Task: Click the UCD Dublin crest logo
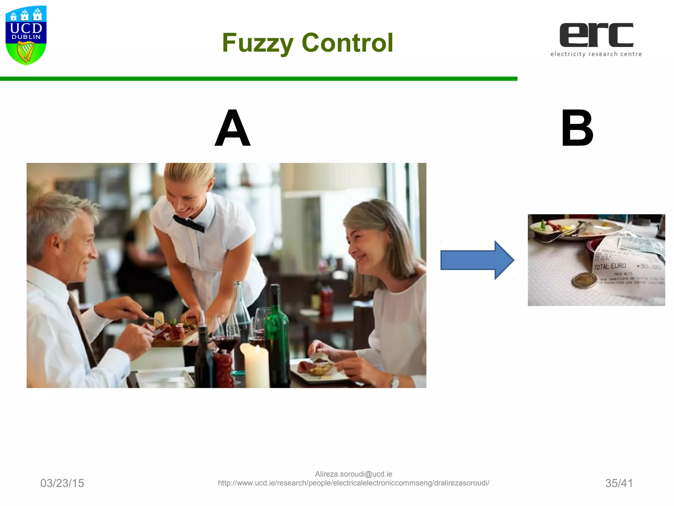coord(26,35)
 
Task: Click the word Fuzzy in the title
coord(257,43)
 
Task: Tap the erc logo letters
coord(596,35)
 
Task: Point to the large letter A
coord(233,128)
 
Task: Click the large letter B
coord(577,128)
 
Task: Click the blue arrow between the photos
coord(477,260)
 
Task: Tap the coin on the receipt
coord(584,281)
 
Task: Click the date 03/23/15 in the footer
coord(62,483)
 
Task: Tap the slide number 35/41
coord(619,483)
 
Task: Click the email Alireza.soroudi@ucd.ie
coord(353,474)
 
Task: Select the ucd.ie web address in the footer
coord(353,483)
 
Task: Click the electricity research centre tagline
coord(596,54)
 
